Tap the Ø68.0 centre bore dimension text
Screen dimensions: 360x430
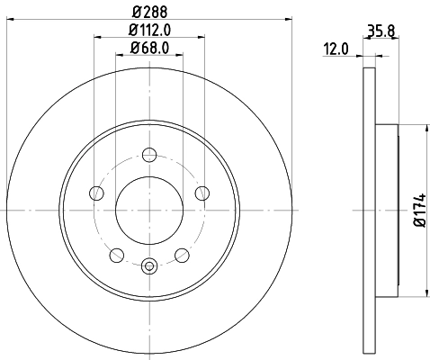coord(149,49)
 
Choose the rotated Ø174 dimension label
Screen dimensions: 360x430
coord(419,211)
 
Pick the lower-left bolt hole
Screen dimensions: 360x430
coord(116,254)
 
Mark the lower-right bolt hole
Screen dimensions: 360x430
coord(182,254)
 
